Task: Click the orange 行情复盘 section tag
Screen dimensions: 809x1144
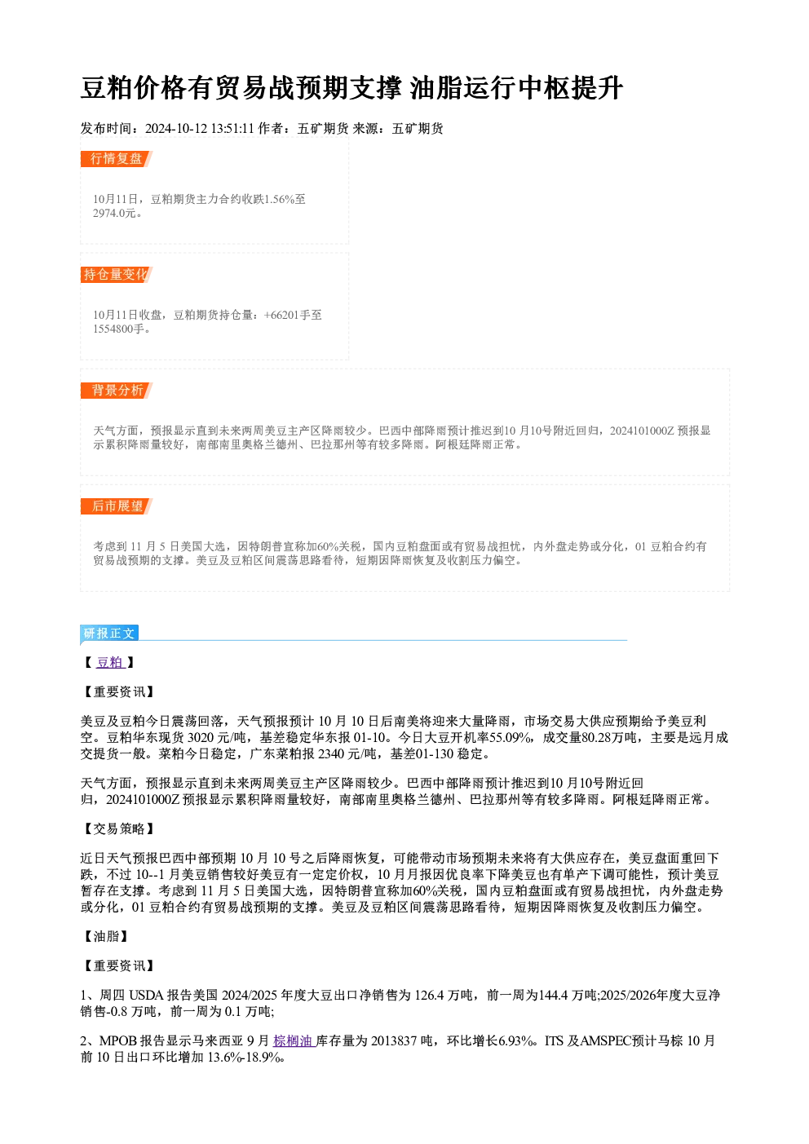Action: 117,159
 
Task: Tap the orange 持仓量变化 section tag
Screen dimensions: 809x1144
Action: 117,275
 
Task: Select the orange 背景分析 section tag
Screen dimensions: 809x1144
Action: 117,391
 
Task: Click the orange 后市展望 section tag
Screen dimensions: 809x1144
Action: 117,506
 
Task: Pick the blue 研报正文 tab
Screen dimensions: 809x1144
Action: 109,634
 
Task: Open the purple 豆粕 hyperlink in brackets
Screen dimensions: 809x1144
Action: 110,662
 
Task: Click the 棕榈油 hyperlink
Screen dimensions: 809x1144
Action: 294,1040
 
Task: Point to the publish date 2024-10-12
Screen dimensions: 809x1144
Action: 176,129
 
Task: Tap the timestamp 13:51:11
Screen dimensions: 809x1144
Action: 232,129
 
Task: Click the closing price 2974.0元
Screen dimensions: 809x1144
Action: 114,214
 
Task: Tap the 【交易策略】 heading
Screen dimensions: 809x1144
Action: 118,829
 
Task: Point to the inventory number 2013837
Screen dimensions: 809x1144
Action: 394,1040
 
